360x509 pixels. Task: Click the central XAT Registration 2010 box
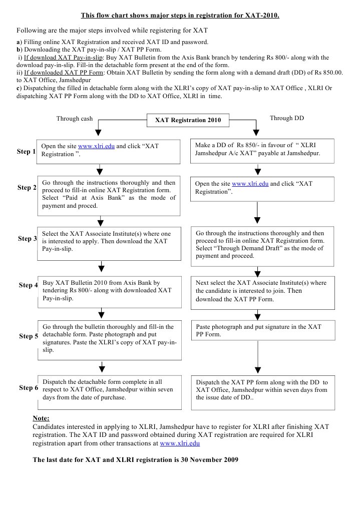tap(188, 120)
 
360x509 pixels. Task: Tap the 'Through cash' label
tap(75, 119)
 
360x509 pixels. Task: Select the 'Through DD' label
tap(287, 118)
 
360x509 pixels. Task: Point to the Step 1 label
tap(27, 151)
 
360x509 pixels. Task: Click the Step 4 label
tap(28, 285)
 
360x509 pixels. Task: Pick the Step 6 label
tap(28, 388)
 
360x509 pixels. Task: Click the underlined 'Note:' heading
tap(41, 418)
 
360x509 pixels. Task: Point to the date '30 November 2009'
tap(209, 459)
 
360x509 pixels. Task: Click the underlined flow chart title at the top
tap(180, 15)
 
